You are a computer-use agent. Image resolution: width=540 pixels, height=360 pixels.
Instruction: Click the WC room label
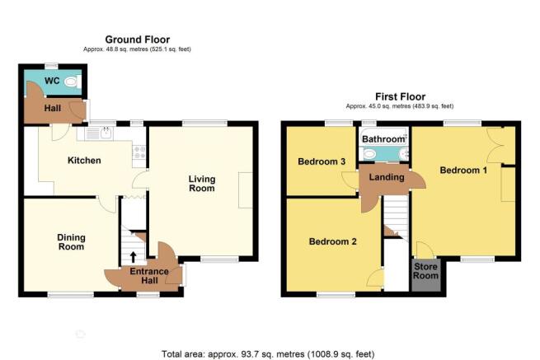click(x=52, y=81)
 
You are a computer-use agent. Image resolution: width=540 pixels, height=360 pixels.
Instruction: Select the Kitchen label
click(x=84, y=161)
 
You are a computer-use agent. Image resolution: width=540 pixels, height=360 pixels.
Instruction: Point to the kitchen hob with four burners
click(x=139, y=152)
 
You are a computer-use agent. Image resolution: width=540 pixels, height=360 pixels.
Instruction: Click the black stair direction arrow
click(x=133, y=257)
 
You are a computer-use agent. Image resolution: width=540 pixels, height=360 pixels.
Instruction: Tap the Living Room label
click(x=202, y=184)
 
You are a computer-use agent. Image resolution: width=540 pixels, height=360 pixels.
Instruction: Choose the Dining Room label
click(x=71, y=242)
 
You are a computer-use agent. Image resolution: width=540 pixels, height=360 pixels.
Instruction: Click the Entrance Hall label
click(x=149, y=276)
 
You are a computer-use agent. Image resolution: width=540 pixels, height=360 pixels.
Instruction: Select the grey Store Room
click(x=426, y=275)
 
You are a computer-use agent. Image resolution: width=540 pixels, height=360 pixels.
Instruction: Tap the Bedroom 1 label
click(x=463, y=170)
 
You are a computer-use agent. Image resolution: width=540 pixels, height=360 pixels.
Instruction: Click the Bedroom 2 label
click(x=333, y=241)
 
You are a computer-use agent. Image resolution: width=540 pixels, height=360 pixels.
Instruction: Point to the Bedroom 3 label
click(x=322, y=161)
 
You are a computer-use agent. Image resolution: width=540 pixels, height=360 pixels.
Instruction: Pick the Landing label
click(x=387, y=177)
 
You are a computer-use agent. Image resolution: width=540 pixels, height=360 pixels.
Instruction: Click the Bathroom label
click(x=383, y=139)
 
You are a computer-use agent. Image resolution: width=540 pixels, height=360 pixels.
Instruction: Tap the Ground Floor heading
click(x=138, y=40)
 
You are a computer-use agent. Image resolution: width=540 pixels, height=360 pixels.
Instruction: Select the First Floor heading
click(x=400, y=96)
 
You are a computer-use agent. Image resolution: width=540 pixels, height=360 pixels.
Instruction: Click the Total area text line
click(x=268, y=353)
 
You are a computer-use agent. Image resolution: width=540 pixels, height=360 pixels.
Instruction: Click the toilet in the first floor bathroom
click(x=369, y=154)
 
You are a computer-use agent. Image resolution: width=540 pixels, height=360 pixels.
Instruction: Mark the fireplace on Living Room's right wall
click(x=245, y=190)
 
